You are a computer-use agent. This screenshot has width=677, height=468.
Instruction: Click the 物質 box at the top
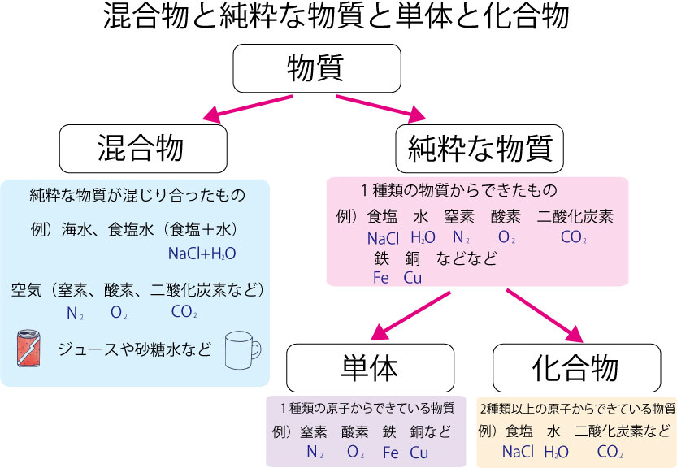pos(317,68)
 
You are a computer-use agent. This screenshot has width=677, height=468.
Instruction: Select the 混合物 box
pos(141,149)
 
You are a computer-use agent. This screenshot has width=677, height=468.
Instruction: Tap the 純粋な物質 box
pos(480,149)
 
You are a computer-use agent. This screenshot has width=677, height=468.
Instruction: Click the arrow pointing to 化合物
pos(545,314)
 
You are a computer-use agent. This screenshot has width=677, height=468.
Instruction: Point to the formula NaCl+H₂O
pos(202,253)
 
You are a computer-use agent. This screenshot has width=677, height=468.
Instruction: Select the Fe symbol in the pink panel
pos(381,277)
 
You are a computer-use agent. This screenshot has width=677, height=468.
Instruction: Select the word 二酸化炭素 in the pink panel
pos(575,217)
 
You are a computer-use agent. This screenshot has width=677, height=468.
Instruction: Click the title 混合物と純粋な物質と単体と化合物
pos(337,19)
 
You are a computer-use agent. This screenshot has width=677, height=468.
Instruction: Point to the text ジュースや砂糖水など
pos(134,349)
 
